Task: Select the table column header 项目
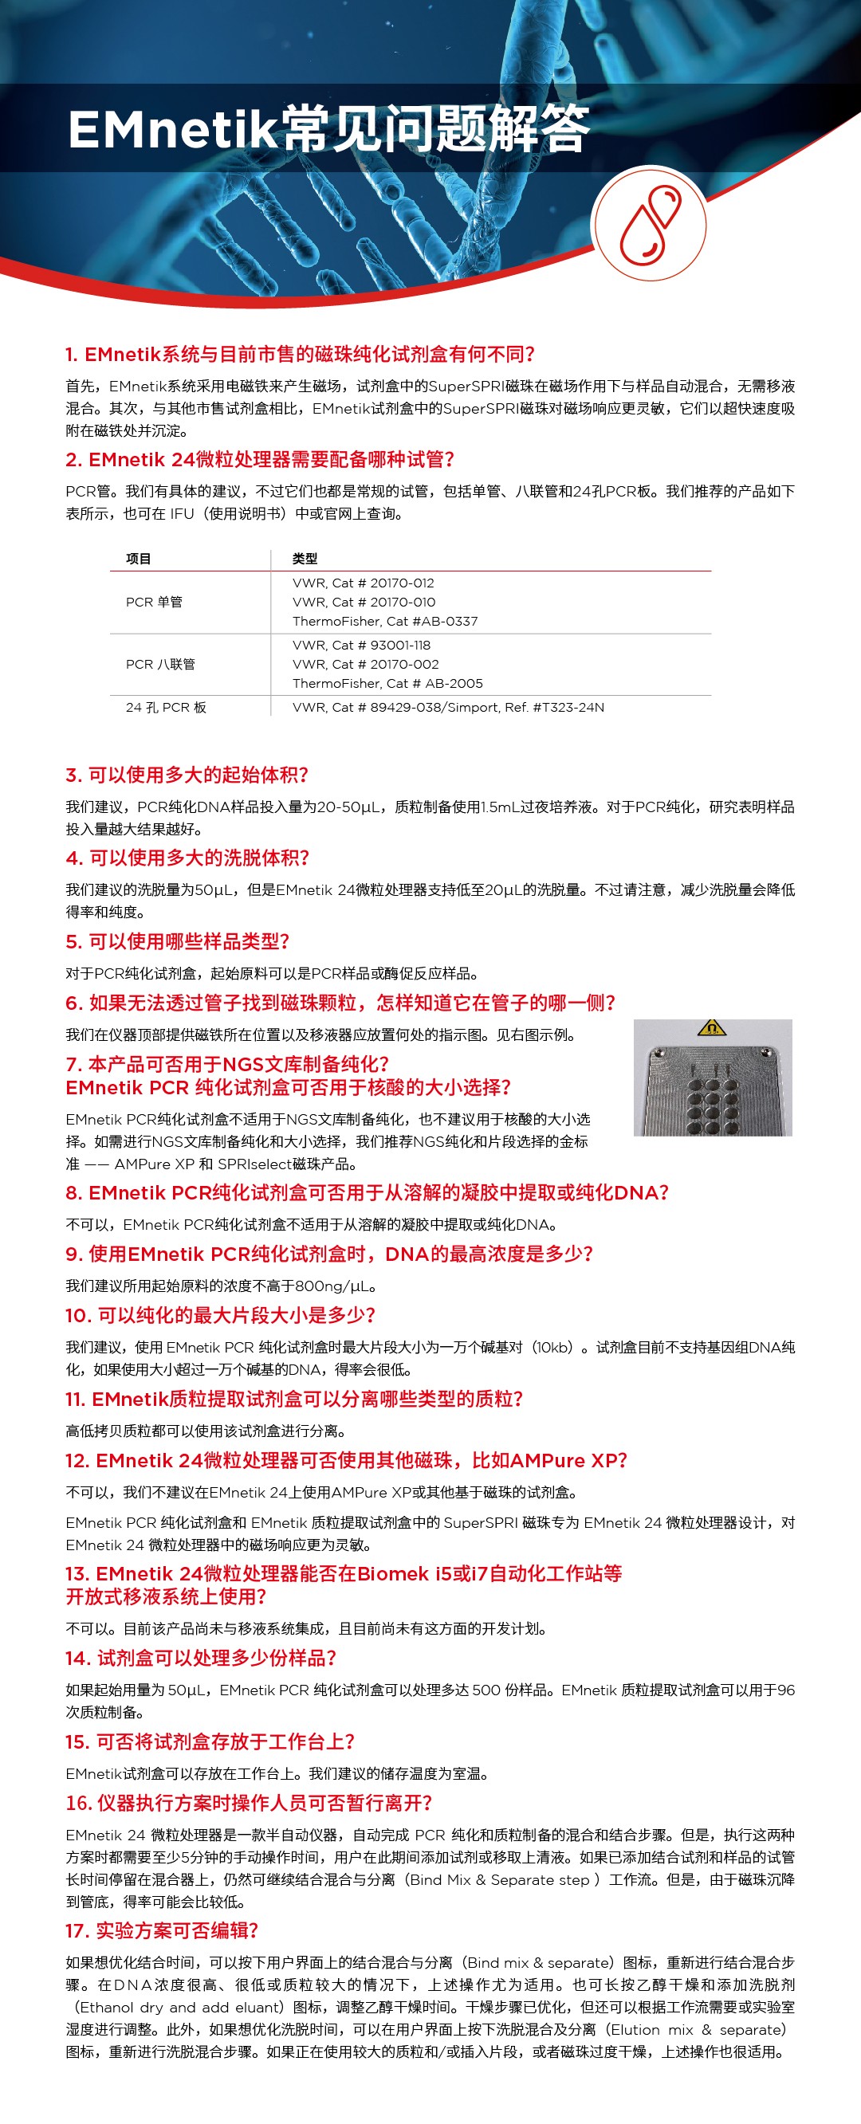point(139,559)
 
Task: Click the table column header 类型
point(305,559)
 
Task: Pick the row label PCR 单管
point(154,603)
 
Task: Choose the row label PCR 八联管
point(160,665)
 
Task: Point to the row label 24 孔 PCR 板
point(166,708)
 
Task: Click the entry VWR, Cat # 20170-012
point(363,583)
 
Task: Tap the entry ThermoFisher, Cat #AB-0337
point(384,622)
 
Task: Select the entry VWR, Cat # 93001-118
point(361,646)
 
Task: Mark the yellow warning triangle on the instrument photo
point(711,1027)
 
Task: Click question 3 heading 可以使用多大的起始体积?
point(187,775)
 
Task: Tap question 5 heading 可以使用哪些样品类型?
point(177,941)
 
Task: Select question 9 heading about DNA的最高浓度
point(329,1254)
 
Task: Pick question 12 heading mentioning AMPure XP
point(346,1461)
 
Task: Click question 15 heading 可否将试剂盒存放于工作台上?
point(210,1742)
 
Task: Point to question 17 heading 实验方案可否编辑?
point(163,1931)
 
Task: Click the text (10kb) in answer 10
point(552,1347)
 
